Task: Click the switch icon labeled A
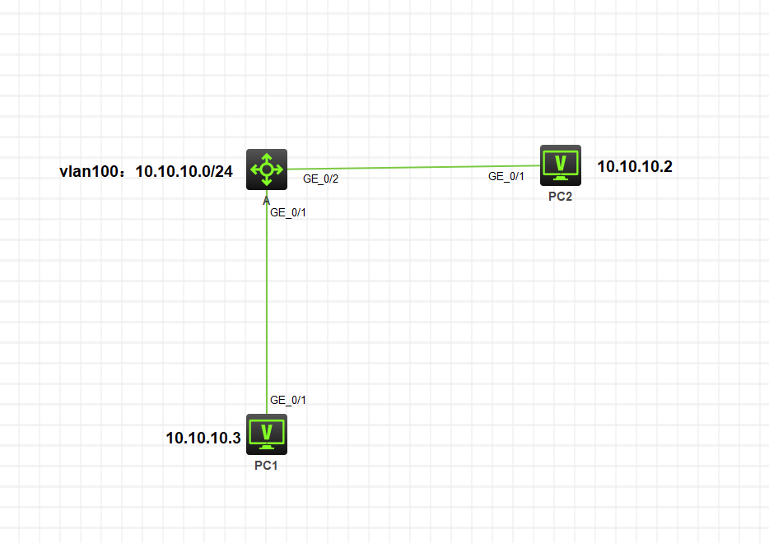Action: point(267,169)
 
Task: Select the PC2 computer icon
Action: point(561,165)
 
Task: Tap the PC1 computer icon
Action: point(267,434)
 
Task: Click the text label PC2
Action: point(560,197)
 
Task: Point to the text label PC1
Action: point(266,466)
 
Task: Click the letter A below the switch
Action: point(266,201)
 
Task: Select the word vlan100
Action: point(89,171)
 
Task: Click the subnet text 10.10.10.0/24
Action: point(184,171)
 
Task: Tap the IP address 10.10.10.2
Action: point(635,167)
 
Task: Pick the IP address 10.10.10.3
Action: point(203,438)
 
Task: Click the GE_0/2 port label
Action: point(321,179)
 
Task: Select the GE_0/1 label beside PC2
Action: point(506,176)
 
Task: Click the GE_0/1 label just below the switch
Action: point(288,213)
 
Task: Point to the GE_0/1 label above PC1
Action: point(288,401)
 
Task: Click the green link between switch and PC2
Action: point(413,167)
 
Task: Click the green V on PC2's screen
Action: point(561,163)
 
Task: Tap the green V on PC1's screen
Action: point(267,432)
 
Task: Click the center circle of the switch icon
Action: point(267,169)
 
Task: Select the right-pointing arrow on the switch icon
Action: point(278,169)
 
